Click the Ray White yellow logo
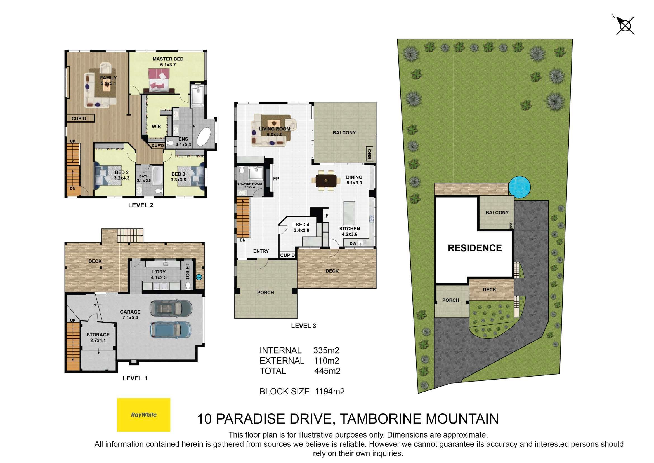click(x=143, y=415)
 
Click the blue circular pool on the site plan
click(x=520, y=187)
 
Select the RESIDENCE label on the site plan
click(x=474, y=248)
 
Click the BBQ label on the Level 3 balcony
click(x=369, y=154)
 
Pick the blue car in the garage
click(x=170, y=330)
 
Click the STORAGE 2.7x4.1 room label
click(x=98, y=337)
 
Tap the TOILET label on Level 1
click(x=188, y=271)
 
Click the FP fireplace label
click(x=276, y=179)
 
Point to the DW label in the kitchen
click(x=353, y=244)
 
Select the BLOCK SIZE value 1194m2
click(x=330, y=391)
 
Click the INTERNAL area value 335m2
click(x=326, y=350)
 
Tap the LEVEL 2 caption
click(x=141, y=205)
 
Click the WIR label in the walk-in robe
click(x=156, y=126)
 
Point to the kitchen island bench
click(x=349, y=213)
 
